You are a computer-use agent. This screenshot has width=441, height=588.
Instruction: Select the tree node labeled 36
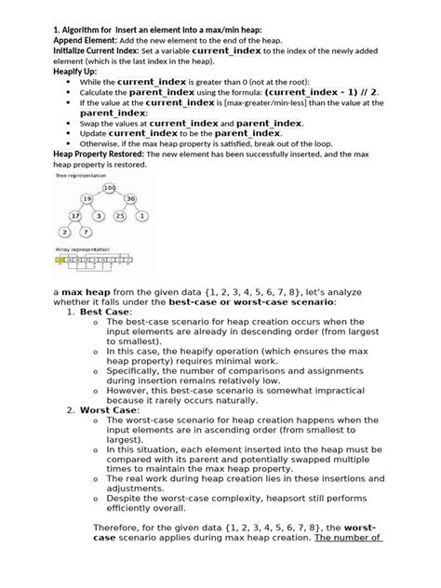[131, 200]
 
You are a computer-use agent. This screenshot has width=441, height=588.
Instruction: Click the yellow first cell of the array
[60, 262]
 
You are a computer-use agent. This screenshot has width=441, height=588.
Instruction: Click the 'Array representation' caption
[77, 251]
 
